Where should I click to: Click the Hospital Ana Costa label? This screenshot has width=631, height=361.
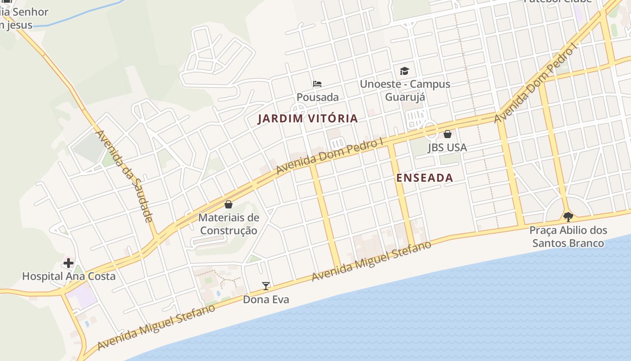[69, 276]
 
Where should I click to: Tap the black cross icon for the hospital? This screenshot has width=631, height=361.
[69, 263]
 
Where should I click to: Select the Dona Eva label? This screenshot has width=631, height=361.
[266, 299]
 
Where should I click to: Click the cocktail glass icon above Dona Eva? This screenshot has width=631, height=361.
[266, 286]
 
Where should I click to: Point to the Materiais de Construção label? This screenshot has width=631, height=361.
[229, 224]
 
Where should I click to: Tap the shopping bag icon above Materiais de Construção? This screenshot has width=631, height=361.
[229, 204]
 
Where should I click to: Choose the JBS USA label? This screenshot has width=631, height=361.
[447, 148]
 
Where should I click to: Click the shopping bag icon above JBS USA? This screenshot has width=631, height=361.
[448, 134]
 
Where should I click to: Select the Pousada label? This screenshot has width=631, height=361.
[317, 97]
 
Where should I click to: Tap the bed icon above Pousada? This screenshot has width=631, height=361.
[317, 84]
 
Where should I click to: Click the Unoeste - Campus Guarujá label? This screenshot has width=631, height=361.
[405, 90]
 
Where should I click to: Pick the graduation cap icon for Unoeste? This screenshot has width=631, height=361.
[404, 71]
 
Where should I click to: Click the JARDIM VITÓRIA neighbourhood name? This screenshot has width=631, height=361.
[308, 119]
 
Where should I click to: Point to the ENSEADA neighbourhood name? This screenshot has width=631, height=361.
[425, 178]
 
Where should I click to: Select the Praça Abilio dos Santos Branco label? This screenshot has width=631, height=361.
[568, 236]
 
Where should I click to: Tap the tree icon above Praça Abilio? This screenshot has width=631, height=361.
[568, 217]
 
